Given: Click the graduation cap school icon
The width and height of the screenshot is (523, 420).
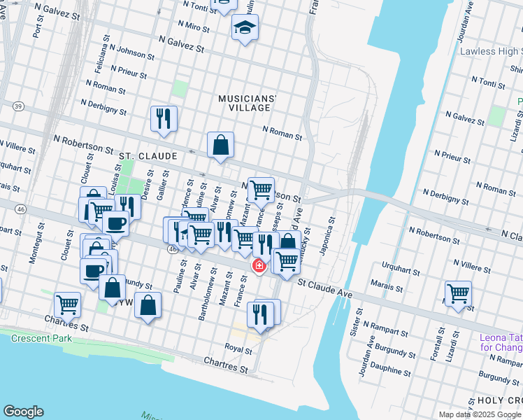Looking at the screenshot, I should tap(245, 27).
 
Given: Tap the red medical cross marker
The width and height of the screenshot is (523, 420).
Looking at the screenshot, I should tap(259, 266).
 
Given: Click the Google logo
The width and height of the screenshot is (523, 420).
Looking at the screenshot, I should tap(23, 412).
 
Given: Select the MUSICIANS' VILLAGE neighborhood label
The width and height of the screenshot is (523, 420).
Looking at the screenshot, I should tap(248, 103).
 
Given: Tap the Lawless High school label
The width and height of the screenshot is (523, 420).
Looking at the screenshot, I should tap(490, 51).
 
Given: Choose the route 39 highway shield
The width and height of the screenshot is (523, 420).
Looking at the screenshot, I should tap(18, 106).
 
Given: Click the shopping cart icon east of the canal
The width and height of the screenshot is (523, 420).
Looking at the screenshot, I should tap(458, 292).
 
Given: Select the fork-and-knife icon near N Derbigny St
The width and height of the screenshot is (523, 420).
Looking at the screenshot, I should tap(164, 118).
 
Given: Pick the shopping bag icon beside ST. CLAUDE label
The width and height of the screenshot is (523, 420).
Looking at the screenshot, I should tap(220, 145).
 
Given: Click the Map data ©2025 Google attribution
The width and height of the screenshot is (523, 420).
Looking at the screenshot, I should tap(479, 414).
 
